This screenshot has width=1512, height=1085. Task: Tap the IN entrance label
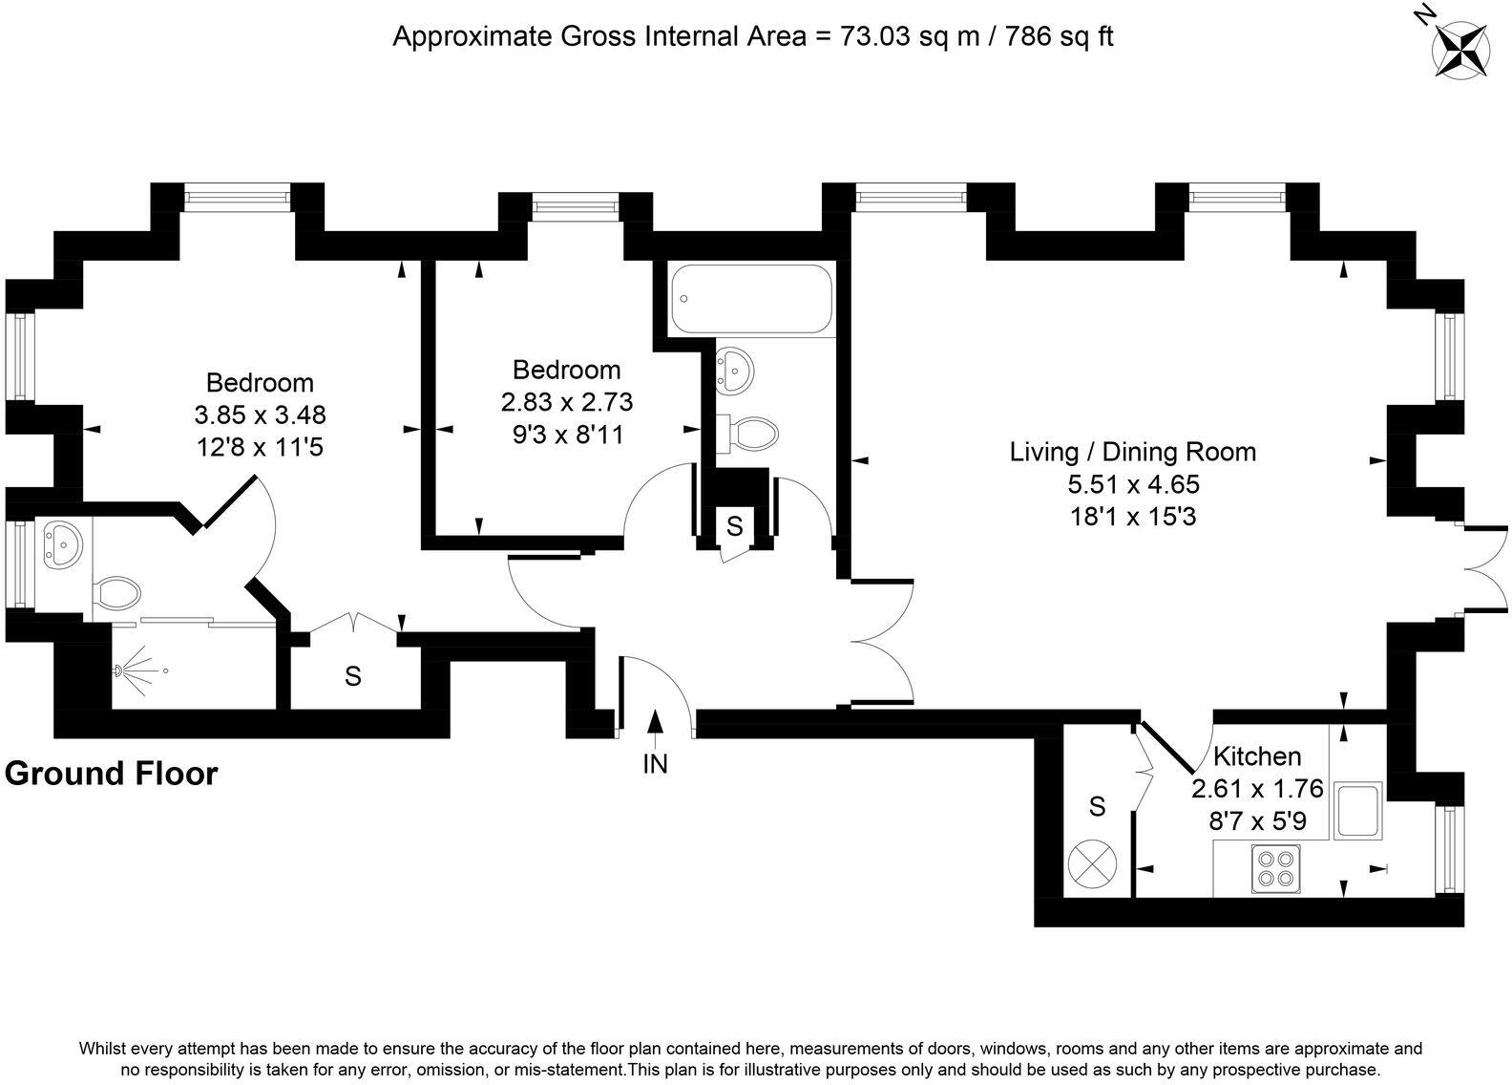(x=655, y=764)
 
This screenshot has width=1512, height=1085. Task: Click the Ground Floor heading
(x=112, y=775)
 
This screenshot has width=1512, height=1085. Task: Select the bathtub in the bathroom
(x=750, y=299)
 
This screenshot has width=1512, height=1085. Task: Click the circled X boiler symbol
(x=1092, y=864)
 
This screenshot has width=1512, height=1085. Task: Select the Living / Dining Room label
(x=1133, y=452)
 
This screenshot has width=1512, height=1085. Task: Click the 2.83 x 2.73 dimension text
(x=567, y=402)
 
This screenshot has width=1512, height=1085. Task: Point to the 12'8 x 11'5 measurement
(x=261, y=447)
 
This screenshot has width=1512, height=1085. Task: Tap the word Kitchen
(x=1257, y=756)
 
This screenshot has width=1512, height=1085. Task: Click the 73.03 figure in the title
(x=874, y=35)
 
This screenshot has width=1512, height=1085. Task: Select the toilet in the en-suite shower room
(x=116, y=594)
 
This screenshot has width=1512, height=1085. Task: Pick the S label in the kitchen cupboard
(x=1098, y=806)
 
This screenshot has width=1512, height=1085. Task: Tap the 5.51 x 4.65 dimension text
(x=1134, y=484)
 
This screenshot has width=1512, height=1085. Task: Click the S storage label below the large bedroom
(x=353, y=675)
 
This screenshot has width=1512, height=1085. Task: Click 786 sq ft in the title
(x=1060, y=35)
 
